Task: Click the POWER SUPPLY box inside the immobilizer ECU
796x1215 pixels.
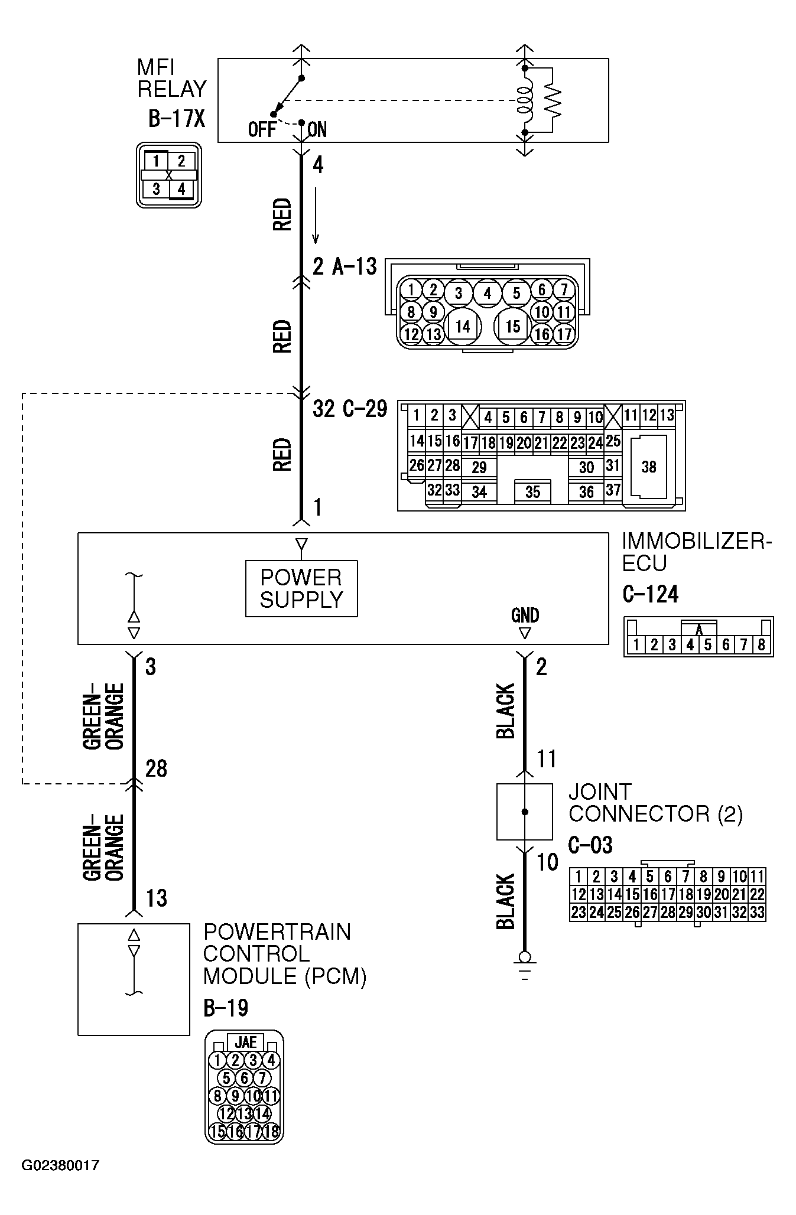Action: (x=301, y=588)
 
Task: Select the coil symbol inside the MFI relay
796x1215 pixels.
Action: (x=524, y=100)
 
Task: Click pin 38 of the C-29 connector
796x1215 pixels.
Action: (x=648, y=467)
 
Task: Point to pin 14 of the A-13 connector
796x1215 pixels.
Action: (x=463, y=326)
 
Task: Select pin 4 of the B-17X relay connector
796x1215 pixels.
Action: (x=181, y=189)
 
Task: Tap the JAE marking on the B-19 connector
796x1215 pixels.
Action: (x=245, y=1042)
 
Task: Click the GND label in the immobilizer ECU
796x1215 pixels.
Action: (x=525, y=615)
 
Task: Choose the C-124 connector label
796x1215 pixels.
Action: (x=651, y=594)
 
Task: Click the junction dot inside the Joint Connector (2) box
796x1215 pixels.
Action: (x=524, y=812)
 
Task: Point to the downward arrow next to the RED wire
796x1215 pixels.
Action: (x=316, y=216)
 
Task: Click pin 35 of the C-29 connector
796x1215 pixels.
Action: (x=532, y=491)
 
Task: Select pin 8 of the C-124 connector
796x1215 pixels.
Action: (x=761, y=645)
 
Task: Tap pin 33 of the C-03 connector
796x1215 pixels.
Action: (x=757, y=913)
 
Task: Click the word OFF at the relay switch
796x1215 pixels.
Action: (x=262, y=129)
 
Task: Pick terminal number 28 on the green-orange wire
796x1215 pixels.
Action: (x=156, y=768)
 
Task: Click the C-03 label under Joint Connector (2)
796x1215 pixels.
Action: (x=590, y=845)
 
